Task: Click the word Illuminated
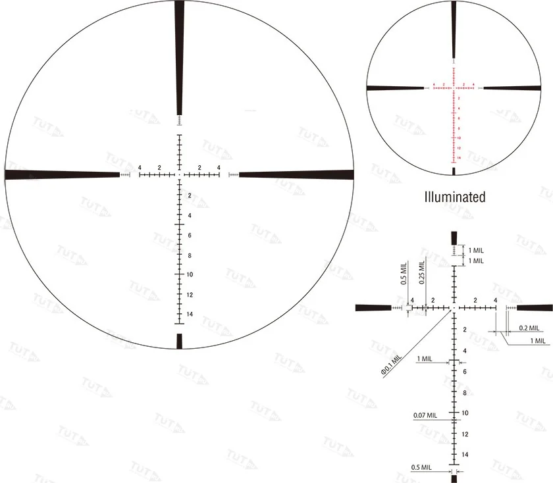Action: [x=455, y=197]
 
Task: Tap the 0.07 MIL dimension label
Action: [x=425, y=415]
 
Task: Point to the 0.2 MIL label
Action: [x=529, y=328]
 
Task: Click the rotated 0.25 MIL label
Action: [x=421, y=272]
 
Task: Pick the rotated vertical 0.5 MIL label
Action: [x=404, y=272]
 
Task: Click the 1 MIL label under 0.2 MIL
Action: [x=537, y=340]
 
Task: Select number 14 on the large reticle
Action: [x=190, y=315]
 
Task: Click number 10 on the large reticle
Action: [x=190, y=274]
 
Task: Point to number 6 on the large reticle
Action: [x=190, y=235]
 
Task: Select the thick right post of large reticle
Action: [x=296, y=175]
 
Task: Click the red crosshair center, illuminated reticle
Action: [x=454, y=87]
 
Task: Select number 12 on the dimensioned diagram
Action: [x=465, y=434]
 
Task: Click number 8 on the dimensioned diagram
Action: [x=465, y=393]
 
